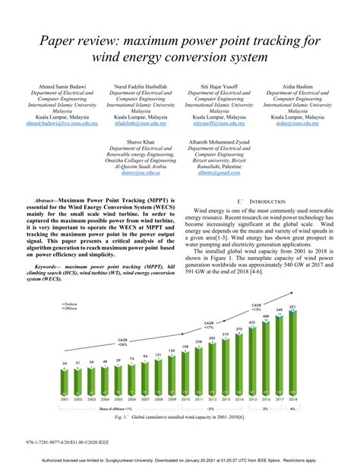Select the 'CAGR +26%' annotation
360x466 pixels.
(101, 344)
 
